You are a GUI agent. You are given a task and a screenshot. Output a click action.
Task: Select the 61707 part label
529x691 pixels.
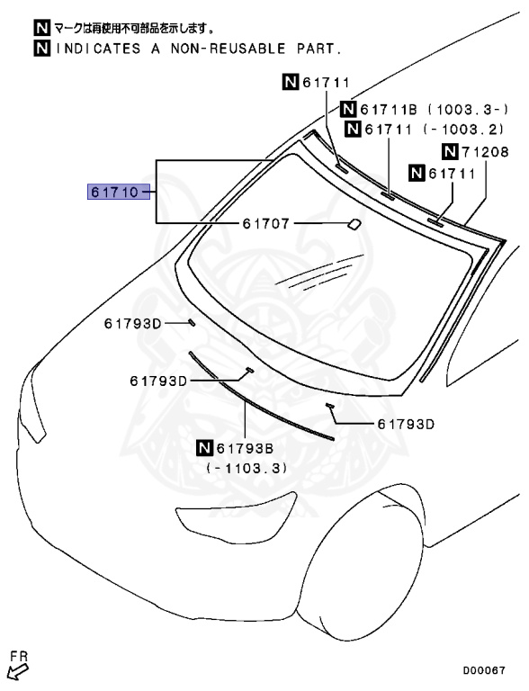(266, 224)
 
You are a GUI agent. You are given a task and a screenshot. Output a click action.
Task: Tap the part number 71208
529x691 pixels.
(485, 152)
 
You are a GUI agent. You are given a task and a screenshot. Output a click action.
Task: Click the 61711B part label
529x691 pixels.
(389, 109)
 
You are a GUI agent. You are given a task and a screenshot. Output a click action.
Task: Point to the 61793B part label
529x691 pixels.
(245, 449)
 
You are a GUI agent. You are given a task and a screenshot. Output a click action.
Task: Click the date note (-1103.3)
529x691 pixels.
(247, 468)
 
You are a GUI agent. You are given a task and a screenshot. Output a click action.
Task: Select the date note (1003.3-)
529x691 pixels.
(468, 109)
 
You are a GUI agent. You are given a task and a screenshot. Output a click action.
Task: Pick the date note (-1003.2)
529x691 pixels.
(463, 130)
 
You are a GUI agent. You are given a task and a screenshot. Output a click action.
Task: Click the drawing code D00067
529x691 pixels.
(484, 670)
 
